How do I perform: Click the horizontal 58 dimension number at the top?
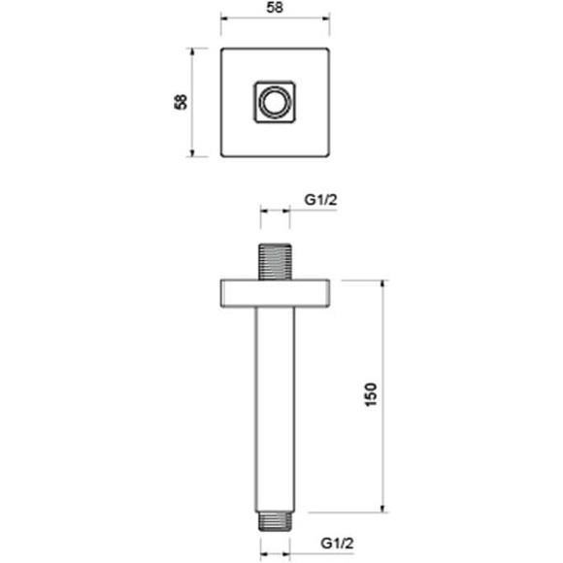(x=276, y=7)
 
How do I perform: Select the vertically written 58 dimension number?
(x=181, y=102)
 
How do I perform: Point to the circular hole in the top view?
(x=276, y=102)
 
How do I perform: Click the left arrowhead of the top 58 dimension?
(x=224, y=18)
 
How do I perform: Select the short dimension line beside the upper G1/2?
(x=276, y=211)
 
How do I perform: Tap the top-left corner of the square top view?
(x=223, y=49)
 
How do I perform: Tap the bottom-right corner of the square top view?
(x=328, y=155)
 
